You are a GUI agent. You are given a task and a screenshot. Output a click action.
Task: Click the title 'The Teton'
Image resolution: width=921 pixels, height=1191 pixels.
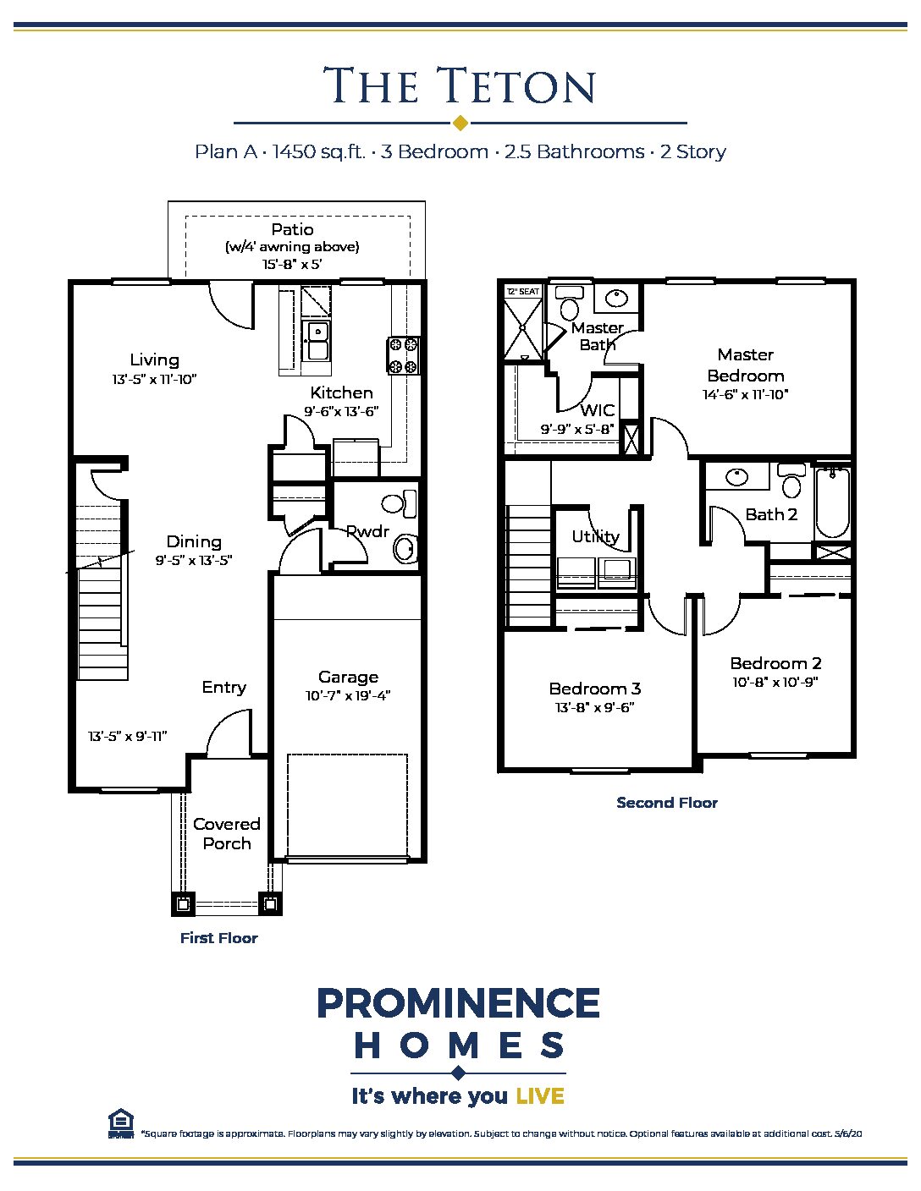(460, 86)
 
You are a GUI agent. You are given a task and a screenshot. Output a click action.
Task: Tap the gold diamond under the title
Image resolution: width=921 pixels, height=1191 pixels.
(460, 123)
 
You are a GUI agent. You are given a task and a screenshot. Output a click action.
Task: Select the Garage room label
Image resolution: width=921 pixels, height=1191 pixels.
(348, 677)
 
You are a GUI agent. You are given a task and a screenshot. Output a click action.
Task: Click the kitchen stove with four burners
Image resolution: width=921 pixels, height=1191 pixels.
(404, 355)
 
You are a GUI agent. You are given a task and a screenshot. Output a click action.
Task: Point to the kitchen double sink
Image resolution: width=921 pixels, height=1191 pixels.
(317, 340)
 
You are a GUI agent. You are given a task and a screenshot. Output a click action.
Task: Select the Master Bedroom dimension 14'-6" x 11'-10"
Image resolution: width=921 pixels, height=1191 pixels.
(745, 394)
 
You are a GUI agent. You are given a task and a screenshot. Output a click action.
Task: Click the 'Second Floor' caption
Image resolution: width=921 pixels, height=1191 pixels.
(666, 803)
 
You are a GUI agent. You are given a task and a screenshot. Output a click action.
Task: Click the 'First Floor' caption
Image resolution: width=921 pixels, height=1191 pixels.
(218, 937)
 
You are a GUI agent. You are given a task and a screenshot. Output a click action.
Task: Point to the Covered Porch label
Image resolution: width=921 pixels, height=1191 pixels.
(226, 833)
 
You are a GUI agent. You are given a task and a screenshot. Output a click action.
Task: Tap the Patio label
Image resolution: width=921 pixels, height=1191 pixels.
(292, 229)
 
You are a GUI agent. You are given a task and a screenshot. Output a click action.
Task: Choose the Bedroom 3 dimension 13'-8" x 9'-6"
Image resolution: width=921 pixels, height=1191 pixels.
(594, 707)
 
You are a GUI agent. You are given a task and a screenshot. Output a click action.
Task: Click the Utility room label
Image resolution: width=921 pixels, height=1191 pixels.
(595, 536)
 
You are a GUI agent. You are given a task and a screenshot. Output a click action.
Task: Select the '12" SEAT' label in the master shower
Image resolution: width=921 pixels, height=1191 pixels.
(522, 292)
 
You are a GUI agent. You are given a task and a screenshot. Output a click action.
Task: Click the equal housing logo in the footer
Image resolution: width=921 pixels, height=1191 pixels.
(121, 1124)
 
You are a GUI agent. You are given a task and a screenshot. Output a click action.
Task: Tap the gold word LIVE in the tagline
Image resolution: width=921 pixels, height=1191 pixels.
(539, 1096)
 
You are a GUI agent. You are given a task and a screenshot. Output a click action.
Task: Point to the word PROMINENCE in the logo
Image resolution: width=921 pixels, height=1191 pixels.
(458, 1004)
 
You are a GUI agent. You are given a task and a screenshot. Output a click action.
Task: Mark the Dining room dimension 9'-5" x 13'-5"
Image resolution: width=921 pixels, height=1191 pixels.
(194, 560)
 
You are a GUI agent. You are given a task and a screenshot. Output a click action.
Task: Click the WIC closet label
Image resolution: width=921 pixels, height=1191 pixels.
(597, 410)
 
